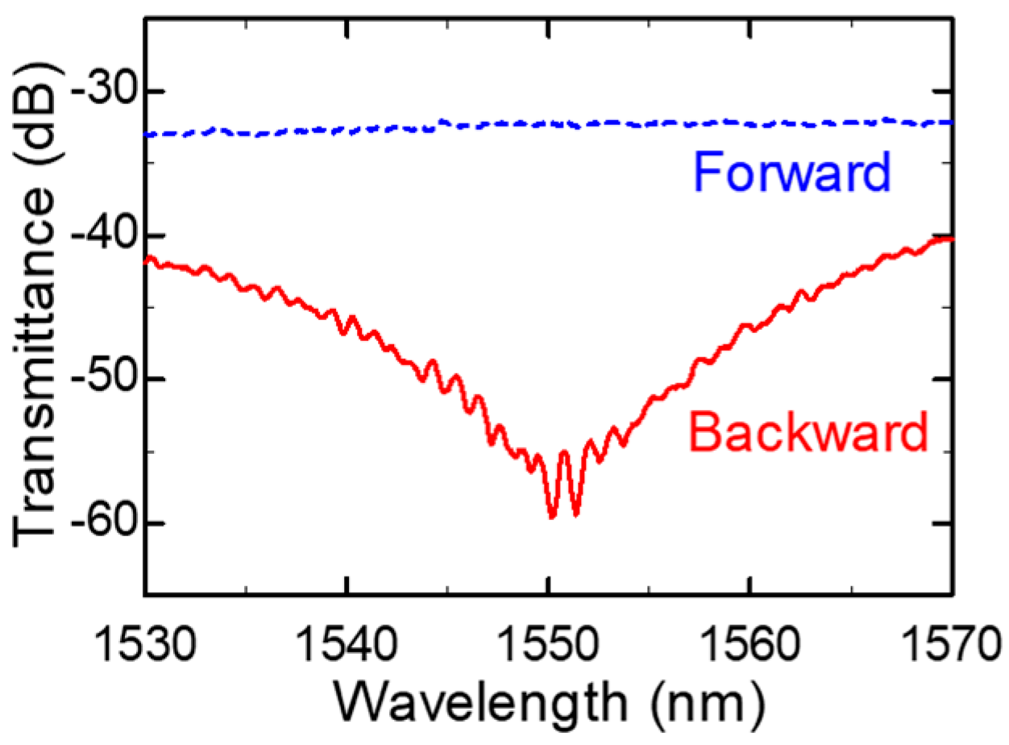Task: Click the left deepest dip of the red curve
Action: [552, 517]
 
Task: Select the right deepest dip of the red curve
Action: [575, 514]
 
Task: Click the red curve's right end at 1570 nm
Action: [953, 239]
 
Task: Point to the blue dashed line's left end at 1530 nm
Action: [147, 135]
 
